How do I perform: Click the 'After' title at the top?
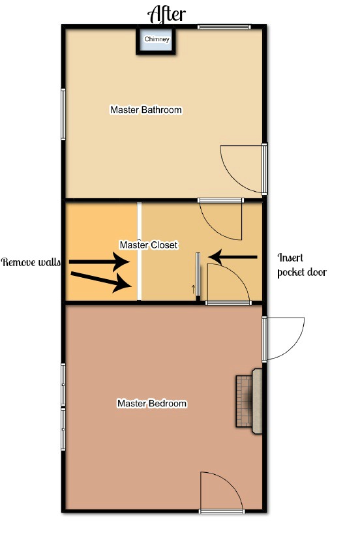pyautogui.click(x=166, y=14)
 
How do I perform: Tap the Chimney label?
pyautogui.click(x=157, y=39)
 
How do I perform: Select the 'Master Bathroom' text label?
pyautogui.click(x=146, y=110)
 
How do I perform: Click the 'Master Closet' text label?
pyautogui.click(x=149, y=245)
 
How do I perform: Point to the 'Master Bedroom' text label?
pyautogui.click(x=152, y=403)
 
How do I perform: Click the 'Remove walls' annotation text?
pyautogui.click(x=31, y=262)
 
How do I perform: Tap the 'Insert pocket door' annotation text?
pyautogui.click(x=302, y=265)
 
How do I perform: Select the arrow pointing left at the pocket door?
pyautogui.click(x=233, y=257)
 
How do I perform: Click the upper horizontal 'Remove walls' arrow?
pyautogui.click(x=99, y=262)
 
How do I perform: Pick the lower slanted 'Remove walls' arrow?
pyautogui.click(x=100, y=279)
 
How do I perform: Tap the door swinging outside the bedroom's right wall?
pyautogui.click(x=282, y=338)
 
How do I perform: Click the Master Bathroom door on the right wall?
pyautogui.click(x=243, y=169)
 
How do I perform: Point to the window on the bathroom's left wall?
pyautogui.click(x=63, y=114)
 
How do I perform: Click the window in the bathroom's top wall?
pyautogui.click(x=224, y=27)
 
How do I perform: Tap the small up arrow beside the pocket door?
pyautogui.click(x=193, y=290)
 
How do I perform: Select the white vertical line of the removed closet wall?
pyautogui.click(x=139, y=251)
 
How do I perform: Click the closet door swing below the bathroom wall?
pyautogui.click(x=221, y=219)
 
